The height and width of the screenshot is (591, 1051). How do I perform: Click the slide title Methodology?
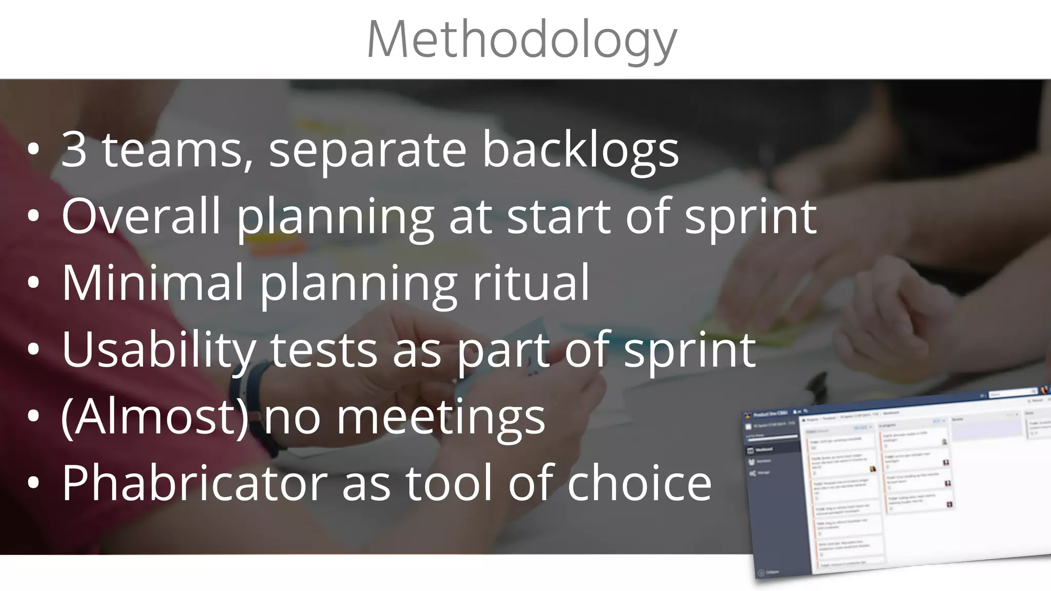tap(522, 40)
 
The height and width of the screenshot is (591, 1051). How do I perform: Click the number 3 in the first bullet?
tap(74, 149)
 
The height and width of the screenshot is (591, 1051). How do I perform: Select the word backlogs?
tap(580, 149)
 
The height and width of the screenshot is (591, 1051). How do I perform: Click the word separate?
tap(367, 150)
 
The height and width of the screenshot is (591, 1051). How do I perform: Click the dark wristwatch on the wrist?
tap(254, 405)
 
